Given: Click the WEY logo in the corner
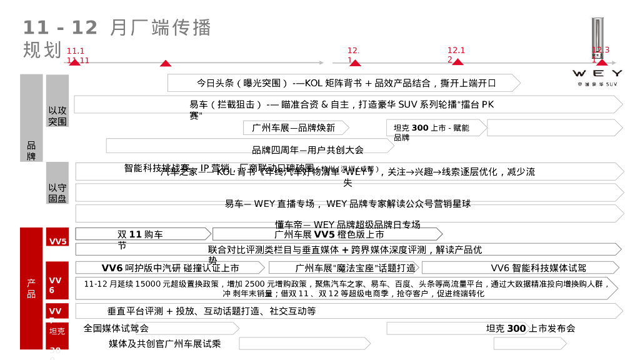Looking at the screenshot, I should tap(597, 74).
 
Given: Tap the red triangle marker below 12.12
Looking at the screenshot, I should tap(457, 62).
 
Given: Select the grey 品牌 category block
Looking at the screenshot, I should tap(31, 150).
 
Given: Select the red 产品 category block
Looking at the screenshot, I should tap(31, 287).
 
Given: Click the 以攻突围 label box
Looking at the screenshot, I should tap(57, 115).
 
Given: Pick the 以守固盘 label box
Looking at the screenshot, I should tap(57, 192).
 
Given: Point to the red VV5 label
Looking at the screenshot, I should tap(57, 241).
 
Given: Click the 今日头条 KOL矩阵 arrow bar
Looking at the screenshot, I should tap(344, 83).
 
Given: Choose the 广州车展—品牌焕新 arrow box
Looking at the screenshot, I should tap(296, 127).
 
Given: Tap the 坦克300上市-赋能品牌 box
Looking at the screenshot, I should tap(435, 128).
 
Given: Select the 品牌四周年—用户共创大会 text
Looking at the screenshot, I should tap(307, 150).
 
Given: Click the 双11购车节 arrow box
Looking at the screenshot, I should tap(142, 234).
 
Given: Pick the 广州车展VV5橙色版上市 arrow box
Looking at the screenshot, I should tap(327, 234).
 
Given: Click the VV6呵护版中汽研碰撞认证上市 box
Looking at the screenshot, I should tap(170, 268).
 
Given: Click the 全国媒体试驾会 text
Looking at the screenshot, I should tap(116, 328).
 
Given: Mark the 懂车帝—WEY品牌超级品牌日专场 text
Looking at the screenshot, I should tap(347, 224).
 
